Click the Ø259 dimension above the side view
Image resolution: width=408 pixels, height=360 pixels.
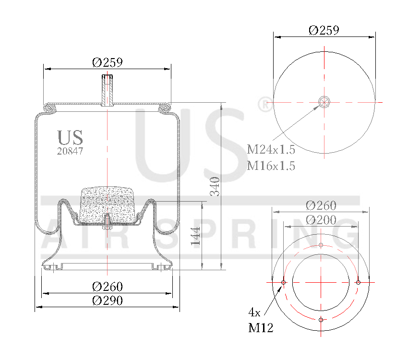(108, 62)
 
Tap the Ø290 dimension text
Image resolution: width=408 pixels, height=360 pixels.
(108, 300)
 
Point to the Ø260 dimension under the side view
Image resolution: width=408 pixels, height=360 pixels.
(108, 287)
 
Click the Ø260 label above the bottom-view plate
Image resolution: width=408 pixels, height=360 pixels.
(321, 205)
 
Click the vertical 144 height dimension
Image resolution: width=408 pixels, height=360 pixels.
(196, 236)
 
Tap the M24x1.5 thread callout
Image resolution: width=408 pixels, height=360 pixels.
(271, 150)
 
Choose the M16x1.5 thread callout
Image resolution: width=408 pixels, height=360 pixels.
(271, 166)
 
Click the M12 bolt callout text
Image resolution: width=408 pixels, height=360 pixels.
(261, 328)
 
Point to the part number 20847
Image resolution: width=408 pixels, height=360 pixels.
(70, 151)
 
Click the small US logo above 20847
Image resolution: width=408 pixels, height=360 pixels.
(70, 138)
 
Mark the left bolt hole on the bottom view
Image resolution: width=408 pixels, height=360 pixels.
(284, 282)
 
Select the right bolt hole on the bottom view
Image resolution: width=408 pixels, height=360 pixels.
(358, 282)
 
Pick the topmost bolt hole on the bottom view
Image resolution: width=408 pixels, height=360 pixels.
(321, 245)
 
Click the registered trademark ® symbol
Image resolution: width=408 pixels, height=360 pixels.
(264, 105)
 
